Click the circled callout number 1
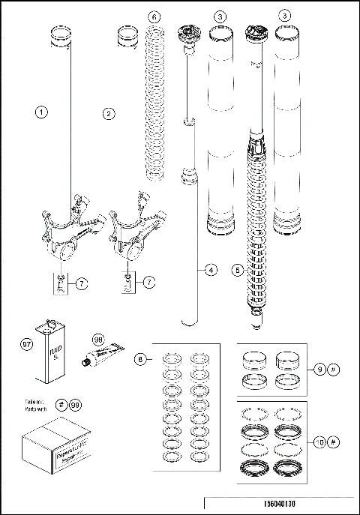tap(42, 113)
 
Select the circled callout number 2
tap(109, 113)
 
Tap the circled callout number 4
tap(200, 268)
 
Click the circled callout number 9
tap(322, 368)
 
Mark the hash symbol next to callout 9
tap(334, 368)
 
